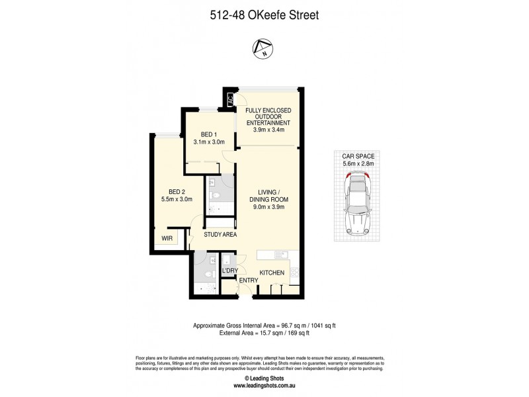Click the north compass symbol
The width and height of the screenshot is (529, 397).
pos(264,48)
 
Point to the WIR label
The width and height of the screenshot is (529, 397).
pos(166,238)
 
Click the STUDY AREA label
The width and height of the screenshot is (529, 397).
pos(220,234)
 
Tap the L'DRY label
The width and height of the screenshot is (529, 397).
pos(229,271)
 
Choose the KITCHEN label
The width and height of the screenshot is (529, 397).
pos(272,273)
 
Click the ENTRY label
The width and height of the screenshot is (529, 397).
pos(249,281)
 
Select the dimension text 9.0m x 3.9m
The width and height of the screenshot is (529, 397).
pos(268,206)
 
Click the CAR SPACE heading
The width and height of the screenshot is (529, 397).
pos(359,157)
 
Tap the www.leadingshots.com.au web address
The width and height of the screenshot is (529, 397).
pos(264,385)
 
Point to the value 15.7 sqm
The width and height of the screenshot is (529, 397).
pos(259,333)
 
